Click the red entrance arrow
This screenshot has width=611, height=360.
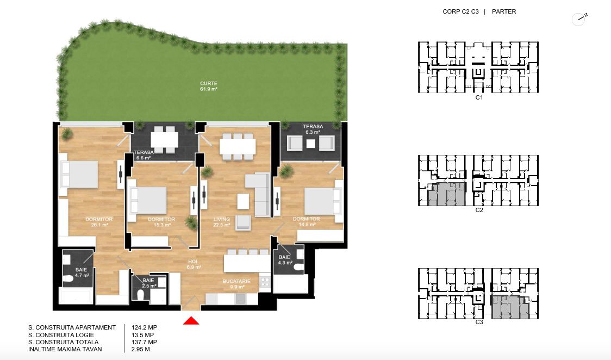[x=191, y=321]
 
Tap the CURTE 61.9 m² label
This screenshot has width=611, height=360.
[x=209, y=86]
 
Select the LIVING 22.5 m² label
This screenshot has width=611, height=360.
[x=221, y=222]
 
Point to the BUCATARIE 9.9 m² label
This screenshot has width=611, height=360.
[x=236, y=284]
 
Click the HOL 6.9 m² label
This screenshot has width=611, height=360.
[x=194, y=264]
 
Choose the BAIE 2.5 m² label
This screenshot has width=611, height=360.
[x=148, y=283]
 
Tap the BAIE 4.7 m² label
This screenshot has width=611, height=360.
[x=82, y=272]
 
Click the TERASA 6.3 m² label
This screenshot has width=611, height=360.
[x=313, y=129]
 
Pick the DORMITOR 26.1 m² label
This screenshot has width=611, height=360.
[x=99, y=222]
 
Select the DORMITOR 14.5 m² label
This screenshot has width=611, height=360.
[x=307, y=221]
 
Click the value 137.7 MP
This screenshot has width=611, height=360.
[x=144, y=342]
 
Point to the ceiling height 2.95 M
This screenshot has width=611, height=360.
[x=141, y=349]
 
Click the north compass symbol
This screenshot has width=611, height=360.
[x=579, y=18]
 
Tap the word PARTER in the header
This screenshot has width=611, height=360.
[x=504, y=11]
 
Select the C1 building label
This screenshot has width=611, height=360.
[x=479, y=97]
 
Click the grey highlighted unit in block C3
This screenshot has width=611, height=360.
[x=510, y=307]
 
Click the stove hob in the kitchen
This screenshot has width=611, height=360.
[x=265, y=282]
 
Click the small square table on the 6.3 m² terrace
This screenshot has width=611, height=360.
[x=310, y=144]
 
